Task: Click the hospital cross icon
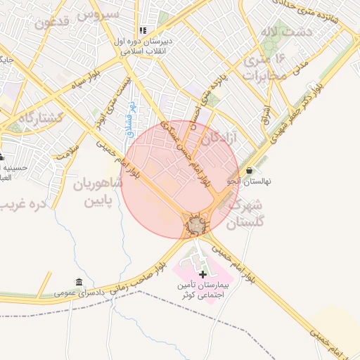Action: pyautogui.click(x=202, y=274)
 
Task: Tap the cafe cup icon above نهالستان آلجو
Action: pyautogui.click(x=250, y=170)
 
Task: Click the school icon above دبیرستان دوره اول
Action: pyautogui.click(x=143, y=31)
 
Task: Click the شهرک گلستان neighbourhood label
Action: pyautogui.click(x=250, y=214)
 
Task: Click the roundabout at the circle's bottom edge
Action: pyautogui.click(x=195, y=226)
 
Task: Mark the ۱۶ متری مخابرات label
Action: pyautogui.click(x=264, y=67)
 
